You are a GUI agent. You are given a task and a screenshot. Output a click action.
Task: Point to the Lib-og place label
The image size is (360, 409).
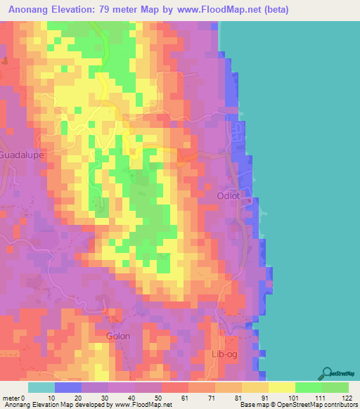pos(225,354)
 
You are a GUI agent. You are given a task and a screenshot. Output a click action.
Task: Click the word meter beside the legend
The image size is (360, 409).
pos(12,398)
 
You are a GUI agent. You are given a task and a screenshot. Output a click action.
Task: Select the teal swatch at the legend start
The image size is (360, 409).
pos(41,387)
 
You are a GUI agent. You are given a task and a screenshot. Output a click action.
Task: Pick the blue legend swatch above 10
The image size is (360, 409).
pos(68,387)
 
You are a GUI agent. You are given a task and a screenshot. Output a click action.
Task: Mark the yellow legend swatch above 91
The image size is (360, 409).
pos(255,387)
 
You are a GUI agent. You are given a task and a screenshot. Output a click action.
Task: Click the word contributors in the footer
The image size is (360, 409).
pos(338,405)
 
